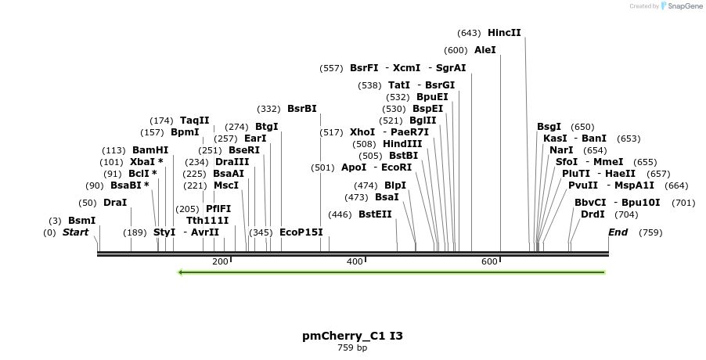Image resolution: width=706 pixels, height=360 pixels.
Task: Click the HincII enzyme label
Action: (x=504, y=33)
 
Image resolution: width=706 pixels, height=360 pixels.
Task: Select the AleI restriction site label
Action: (x=485, y=50)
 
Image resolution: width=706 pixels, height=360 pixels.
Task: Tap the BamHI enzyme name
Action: (x=150, y=150)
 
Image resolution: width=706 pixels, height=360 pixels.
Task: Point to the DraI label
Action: (x=115, y=203)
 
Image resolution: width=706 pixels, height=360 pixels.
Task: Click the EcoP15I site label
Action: (x=301, y=232)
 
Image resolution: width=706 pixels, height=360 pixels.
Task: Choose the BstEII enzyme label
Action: (x=375, y=214)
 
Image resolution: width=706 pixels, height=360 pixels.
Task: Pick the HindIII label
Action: (x=402, y=144)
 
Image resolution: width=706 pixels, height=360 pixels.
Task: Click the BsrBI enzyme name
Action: (x=302, y=109)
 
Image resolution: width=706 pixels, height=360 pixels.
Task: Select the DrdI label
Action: (x=593, y=214)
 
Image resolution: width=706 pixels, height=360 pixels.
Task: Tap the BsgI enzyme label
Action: (x=549, y=127)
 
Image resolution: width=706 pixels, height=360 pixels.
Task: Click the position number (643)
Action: (x=469, y=33)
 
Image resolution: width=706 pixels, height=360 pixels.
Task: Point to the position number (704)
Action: (x=626, y=214)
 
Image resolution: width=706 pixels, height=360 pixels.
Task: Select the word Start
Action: (x=76, y=232)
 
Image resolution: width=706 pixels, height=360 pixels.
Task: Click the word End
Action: (x=618, y=232)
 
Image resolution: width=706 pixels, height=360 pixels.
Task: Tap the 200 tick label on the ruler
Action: (x=219, y=261)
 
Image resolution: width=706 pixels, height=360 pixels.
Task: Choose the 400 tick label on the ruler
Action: (x=355, y=261)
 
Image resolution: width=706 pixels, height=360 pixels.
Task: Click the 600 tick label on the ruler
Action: (x=489, y=261)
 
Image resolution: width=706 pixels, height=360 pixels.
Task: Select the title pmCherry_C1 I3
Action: (x=352, y=336)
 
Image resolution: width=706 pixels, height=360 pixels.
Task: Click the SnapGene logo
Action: (x=681, y=6)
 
